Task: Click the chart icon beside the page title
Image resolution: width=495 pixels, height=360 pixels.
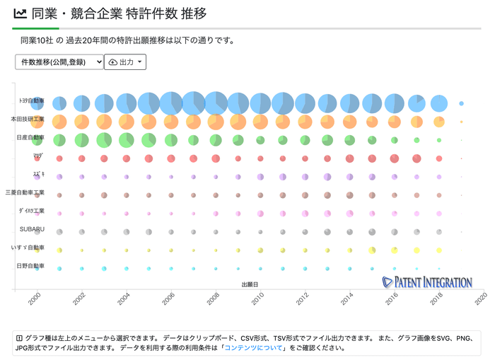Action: coord(21,13)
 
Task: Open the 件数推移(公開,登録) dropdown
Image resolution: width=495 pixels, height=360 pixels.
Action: coord(59,62)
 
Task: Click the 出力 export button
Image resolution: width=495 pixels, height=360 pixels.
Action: coord(125,62)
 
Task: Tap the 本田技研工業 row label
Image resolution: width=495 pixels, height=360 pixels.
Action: coord(28,120)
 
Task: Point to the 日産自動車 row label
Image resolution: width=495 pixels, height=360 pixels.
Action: coord(30,137)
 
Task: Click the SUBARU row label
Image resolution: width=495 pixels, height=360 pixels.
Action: coord(32,229)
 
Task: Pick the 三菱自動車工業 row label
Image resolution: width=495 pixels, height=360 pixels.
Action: coord(25,192)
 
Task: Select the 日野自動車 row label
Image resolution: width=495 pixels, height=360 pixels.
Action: coord(30,266)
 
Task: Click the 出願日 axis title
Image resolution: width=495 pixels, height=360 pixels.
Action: coord(250,284)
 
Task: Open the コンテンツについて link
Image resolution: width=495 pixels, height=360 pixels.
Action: coord(254,347)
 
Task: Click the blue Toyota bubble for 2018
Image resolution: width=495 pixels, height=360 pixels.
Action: coord(439,103)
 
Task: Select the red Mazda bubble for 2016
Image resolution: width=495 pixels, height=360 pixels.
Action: coord(395,158)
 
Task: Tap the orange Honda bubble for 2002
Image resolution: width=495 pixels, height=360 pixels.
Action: coord(81,122)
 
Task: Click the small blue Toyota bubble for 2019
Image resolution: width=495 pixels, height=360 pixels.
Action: coord(462,103)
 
